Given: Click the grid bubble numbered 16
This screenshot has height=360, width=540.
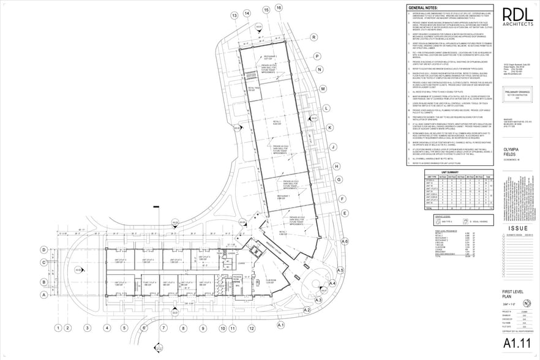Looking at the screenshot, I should [279, 7].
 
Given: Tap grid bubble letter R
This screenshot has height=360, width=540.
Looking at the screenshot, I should [313, 37].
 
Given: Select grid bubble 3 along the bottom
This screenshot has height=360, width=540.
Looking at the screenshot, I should [88, 328].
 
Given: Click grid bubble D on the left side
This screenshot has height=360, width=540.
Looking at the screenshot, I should [44, 250].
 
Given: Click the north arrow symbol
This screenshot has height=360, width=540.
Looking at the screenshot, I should [527, 304].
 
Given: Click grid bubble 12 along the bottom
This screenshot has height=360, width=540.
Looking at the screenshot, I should [234, 328].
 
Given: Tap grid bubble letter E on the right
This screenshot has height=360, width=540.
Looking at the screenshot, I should [345, 213].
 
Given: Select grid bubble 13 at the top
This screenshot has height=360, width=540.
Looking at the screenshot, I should [234, 15].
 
